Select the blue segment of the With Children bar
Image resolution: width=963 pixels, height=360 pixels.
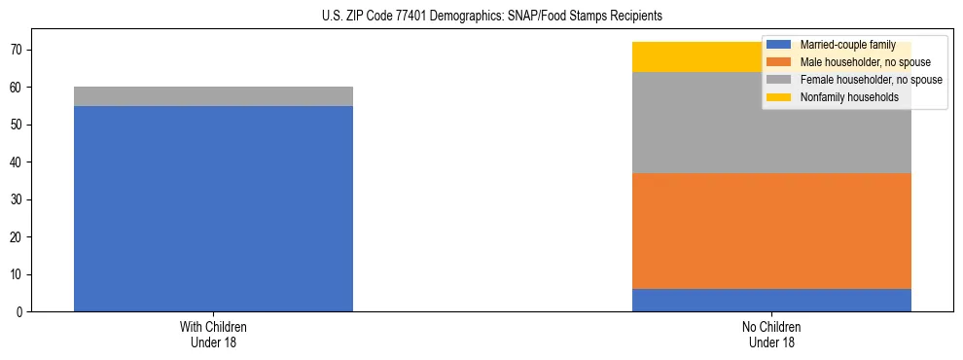coord(213,208)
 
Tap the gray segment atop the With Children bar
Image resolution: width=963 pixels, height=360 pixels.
coord(213,96)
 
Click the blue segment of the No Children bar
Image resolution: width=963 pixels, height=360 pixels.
coord(771,300)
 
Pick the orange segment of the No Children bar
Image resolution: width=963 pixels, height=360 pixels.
coord(771,231)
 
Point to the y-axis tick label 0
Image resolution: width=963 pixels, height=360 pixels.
coord(18,312)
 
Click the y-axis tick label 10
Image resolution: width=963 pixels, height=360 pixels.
coord(16,274)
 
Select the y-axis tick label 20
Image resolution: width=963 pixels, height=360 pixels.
coord(16,237)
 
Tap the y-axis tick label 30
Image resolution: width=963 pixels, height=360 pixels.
coord(16,199)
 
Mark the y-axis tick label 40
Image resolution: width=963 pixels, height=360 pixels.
coord(16,162)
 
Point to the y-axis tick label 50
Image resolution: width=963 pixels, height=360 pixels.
coord(16,125)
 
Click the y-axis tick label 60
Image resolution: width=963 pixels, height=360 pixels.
coord(16,88)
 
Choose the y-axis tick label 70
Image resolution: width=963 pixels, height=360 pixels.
coord(16,50)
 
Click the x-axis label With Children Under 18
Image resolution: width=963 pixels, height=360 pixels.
coord(213,335)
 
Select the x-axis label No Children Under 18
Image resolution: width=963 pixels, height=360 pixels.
coord(771,335)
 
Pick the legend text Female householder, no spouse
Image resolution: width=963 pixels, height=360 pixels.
coord(871,80)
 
